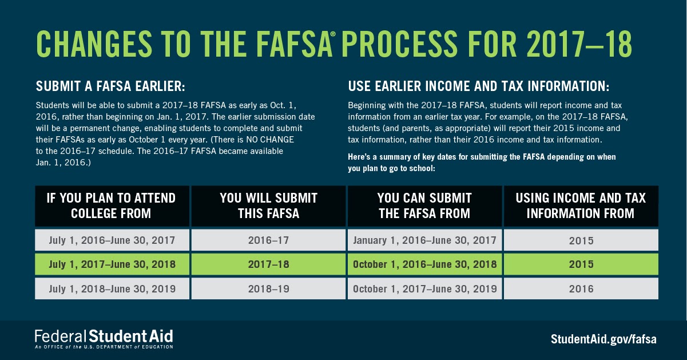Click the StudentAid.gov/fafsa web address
click(x=603, y=338)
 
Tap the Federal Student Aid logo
click(x=104, y=338)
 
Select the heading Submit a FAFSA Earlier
click(x=110, y=87)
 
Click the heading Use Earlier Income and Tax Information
click(x=479, y=87)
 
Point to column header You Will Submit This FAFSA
click(x=268, y=206)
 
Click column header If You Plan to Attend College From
click(x=112, y=206)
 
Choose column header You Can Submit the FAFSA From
click(x=424, y=206)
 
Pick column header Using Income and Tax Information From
click(x=581, y=206)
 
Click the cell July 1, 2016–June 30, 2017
click(x=112, y=240)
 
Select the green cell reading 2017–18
click(x=268, y=265)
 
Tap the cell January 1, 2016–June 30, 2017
click(x=424, y=240)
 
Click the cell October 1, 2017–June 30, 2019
click(x=424, y=289)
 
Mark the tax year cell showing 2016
click(x=581, y=289)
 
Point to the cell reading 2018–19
click(x=268, y=289)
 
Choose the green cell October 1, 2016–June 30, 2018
click(x=424, y=265)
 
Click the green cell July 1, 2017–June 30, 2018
click(x=112, y=265)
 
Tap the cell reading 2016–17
click(x=268, y=240)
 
